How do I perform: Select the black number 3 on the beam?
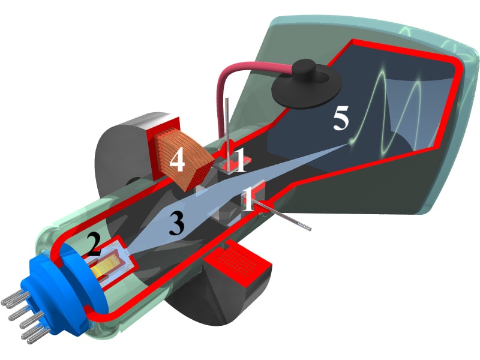coord(176,224)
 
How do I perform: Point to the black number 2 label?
coord(94,245)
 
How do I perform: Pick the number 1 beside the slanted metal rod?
coord(248,199)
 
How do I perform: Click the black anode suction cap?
coord(307,82)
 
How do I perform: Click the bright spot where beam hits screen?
coord(349,143)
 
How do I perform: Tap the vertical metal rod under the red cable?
coord(227,134)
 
